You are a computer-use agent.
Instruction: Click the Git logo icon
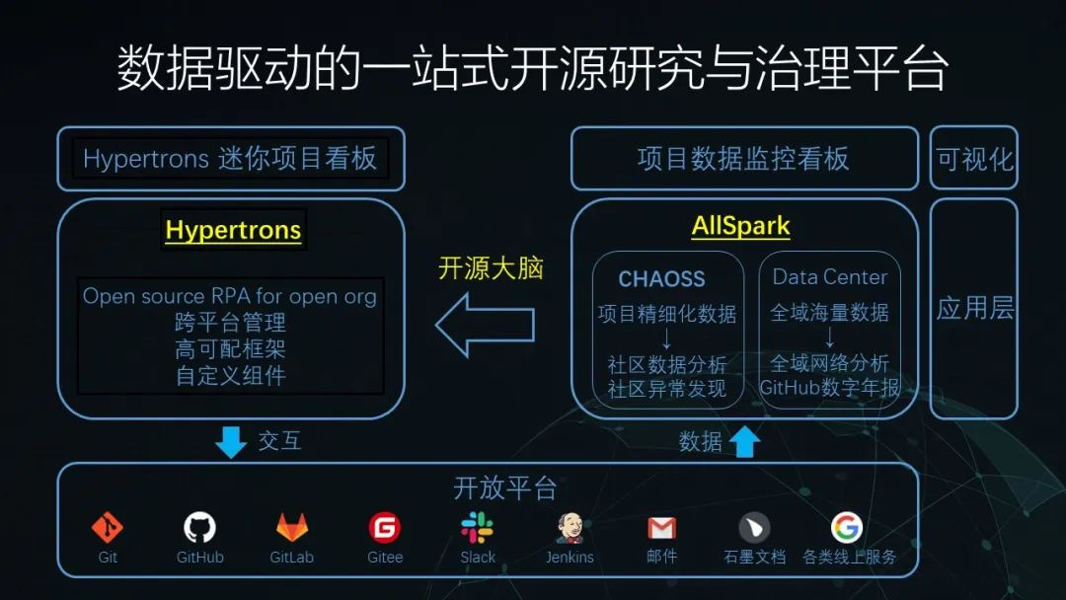click(108, 528)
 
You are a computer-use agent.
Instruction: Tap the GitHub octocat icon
click(199, 527)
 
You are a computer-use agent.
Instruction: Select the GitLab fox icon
click(292, 527)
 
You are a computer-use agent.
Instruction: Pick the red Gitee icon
click(385, 528)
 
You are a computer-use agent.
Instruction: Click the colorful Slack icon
click(478, 528)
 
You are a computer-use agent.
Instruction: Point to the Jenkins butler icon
click(570, 528)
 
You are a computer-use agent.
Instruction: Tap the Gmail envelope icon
click(661, 528)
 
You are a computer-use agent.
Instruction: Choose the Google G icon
click(847, 527)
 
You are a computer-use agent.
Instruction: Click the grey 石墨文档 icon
click(755, 528)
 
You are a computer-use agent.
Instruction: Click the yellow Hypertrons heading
click(233, 230)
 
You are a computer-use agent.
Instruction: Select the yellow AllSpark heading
click(740, 226)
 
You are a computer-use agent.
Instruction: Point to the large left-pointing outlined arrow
click(486, 325)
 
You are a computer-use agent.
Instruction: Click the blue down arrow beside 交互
click(231, 442)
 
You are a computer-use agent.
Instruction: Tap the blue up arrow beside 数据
click(744, 441)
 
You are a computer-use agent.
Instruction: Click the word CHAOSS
click(661, 278)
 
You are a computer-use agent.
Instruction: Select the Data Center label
click(829, 277)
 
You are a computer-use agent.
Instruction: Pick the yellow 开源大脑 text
click(491, 267)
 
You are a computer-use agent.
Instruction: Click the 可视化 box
click(973, 158)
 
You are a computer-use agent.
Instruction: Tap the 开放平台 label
click(504, 487)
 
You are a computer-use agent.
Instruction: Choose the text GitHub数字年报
click(829, 388)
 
